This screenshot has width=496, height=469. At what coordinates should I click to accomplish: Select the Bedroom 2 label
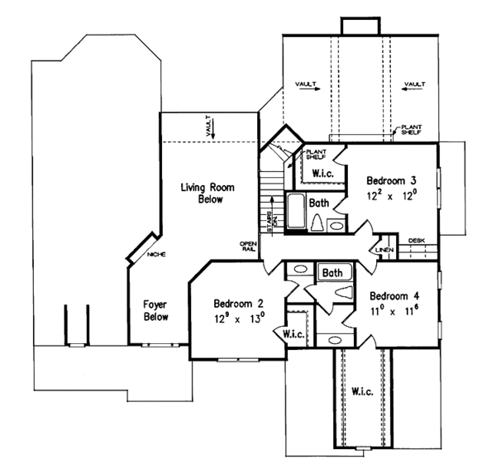coord(237,302)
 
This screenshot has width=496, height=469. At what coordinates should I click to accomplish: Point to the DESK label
coord(416,240)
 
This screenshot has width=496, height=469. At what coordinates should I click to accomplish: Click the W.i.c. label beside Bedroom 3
coord(323,172)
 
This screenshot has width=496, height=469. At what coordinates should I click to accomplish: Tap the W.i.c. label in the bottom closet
coord(362,390)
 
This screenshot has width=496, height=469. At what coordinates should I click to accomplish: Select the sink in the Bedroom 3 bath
coord(336,224)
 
